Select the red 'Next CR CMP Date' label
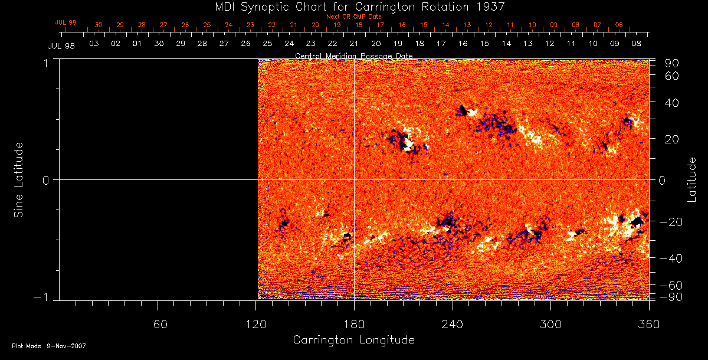[354, 17]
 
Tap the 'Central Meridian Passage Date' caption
[354, 56]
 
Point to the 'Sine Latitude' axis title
[19, 179]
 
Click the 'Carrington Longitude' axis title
[353, 340]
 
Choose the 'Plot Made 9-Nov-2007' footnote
[49, 346]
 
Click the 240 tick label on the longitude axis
[453, 325]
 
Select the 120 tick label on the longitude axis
[256, 325]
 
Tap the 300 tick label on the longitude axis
[550, 325]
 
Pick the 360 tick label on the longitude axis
[648, 325]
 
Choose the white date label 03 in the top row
[93, 44]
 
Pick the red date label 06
[618, 25]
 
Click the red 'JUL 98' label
[66, 22]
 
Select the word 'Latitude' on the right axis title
[692, 179]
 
